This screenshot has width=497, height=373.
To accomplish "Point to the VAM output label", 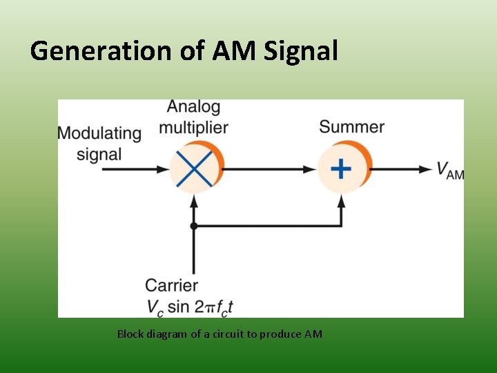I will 450,170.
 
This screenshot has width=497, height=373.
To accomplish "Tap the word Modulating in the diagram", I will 99,133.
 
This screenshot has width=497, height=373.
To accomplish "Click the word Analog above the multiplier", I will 193,107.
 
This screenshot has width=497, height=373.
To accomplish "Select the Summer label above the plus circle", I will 351,127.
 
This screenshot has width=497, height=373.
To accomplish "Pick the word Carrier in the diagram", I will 171,285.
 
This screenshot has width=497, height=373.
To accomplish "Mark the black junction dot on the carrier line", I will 194,226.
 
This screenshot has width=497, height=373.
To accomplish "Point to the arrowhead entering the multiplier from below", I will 194,201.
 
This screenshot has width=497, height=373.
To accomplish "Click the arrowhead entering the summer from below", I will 341,201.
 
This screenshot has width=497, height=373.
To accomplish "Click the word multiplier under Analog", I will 193,127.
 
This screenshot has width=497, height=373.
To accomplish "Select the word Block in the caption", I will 130,334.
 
